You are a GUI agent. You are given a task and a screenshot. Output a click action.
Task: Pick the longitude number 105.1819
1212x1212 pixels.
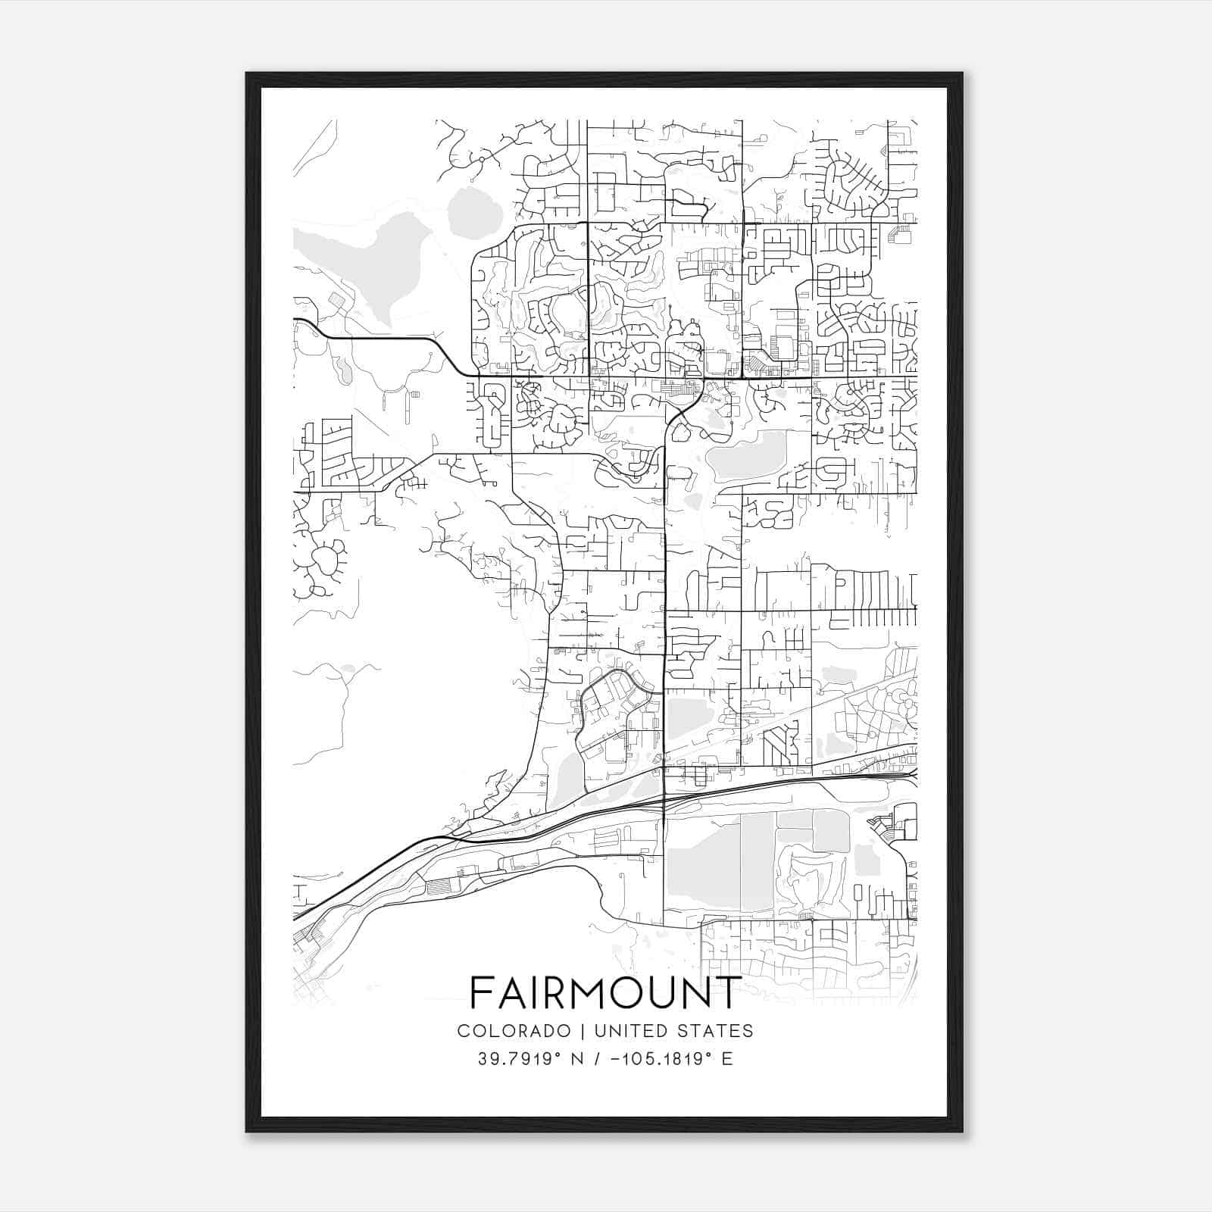point(654,1059)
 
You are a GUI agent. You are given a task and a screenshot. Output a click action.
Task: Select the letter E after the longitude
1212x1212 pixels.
point(727,1059)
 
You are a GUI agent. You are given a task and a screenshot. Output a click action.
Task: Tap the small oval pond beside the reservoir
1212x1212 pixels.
point(474,211)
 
